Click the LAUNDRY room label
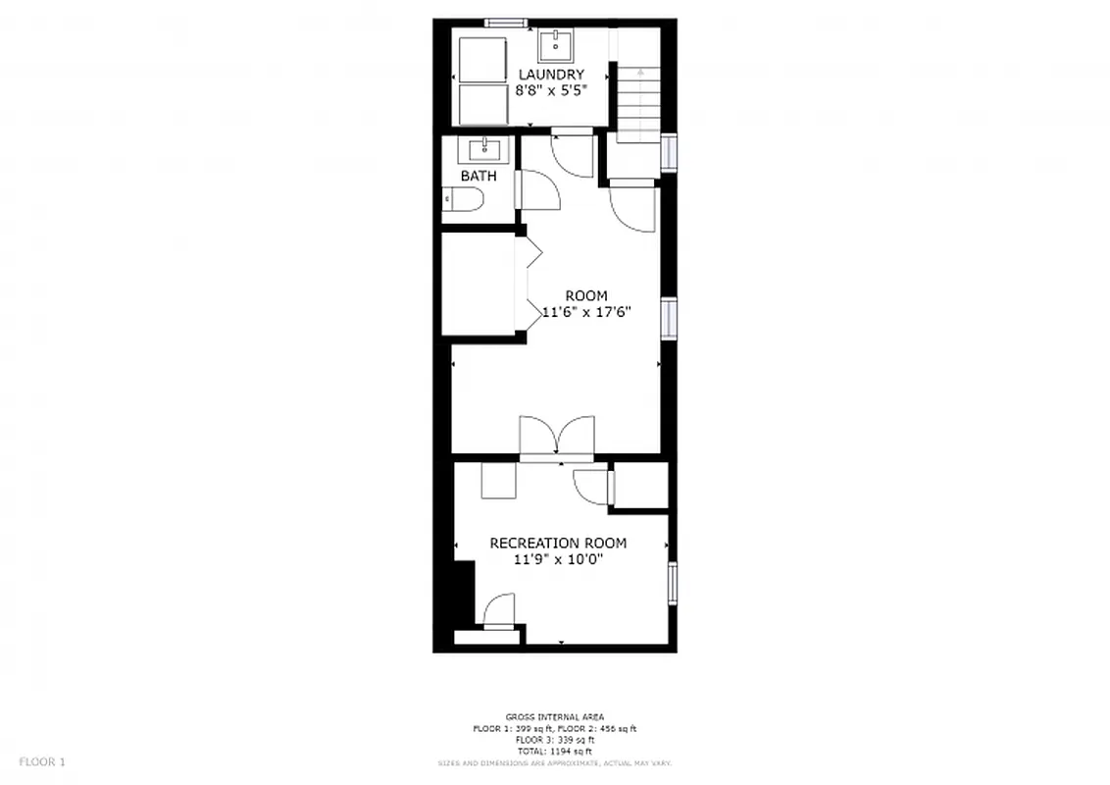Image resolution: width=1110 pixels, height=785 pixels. pyautogui.click(x=550, y=75)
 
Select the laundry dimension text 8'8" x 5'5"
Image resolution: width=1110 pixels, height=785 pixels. pyautogui.click(x=550, y=89)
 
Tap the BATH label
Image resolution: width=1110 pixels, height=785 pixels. pyautogui.click(x=479, y=177)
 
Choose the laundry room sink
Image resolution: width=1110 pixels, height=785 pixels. pyautogui.click(x=556, y=44)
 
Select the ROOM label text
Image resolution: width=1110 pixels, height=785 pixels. pyautogui.click(x=585, y=296)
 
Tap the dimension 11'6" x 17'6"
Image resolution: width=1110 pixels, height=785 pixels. pyautogui.click(x=585, y=312)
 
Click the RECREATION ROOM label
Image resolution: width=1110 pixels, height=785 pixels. pyautogui.click(x=558, y=544)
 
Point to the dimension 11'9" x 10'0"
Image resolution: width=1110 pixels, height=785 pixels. pyautogui.click(x=558, y=559)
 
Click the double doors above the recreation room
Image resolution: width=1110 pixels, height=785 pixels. pyautogui.click(x=557, y=438)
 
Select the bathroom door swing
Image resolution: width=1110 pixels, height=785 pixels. pyautogui.click(x=538, y=189)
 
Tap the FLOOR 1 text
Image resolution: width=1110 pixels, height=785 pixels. pyautogui.click(x=42, y=761)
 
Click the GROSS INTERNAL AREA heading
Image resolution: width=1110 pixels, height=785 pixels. pyautogui.click(x=554, y=717)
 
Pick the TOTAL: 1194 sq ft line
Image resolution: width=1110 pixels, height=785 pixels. pyautogui.click(x=554, y=751)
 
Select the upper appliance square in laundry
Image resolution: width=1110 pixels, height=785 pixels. pyautogui.click(x=480, y=60)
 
